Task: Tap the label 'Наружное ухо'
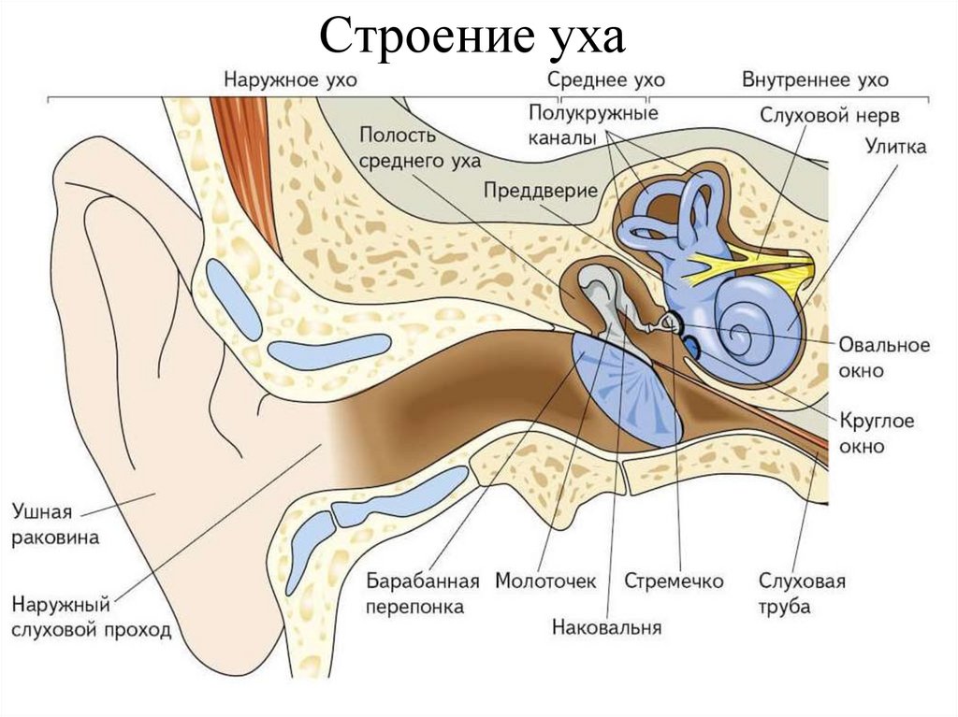(289, 79)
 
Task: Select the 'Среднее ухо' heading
(599, 79)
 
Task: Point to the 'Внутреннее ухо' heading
(815, 79)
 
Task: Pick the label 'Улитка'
(895, 147)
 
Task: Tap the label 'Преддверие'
(541, 190)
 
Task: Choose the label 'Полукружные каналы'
(593, 125)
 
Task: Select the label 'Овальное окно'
(884, 357)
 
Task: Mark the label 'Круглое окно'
(876, 433)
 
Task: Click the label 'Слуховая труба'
(802, 595)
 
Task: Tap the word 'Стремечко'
(674, 581)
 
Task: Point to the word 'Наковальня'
(606, 627)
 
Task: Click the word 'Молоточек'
(545, 581)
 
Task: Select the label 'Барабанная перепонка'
(423, 594)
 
